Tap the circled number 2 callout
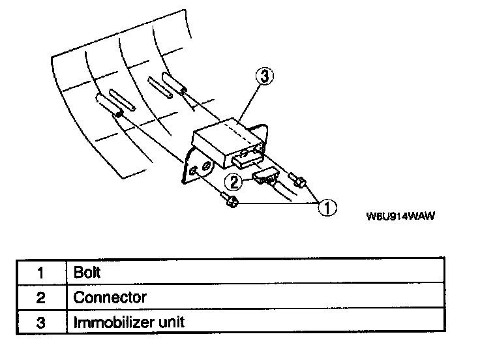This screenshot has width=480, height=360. point(232,181)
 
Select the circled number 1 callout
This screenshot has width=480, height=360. point(327,208)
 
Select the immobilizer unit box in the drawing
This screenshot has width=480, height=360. point(222,140)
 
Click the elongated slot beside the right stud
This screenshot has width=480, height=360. point(160,87)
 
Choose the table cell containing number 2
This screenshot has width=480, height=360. point(40,297)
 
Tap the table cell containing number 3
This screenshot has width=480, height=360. point(40,322)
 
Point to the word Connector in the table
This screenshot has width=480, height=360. point(110,297)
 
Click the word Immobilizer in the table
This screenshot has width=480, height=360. point(110,322)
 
